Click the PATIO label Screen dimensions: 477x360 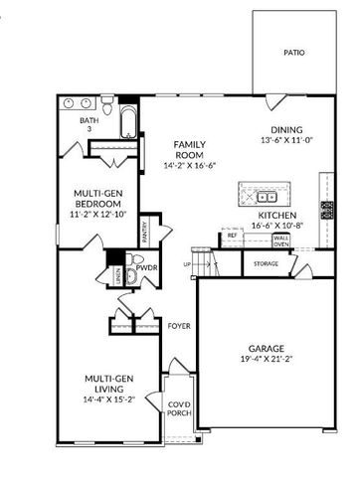293,53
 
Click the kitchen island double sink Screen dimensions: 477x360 265,194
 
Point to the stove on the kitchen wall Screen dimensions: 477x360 327,210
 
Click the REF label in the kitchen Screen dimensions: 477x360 232,236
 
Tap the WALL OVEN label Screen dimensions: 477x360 281,240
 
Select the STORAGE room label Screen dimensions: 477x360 266,263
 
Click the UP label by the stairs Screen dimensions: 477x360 187,264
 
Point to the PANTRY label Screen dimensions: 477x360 145,232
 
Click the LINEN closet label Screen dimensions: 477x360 118,275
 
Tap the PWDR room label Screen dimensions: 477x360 147,267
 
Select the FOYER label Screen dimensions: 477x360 178,325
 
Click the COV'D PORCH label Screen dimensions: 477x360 179,409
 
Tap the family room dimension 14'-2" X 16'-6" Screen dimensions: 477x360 190,165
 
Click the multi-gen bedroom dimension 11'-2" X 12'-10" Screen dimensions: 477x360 97,213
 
